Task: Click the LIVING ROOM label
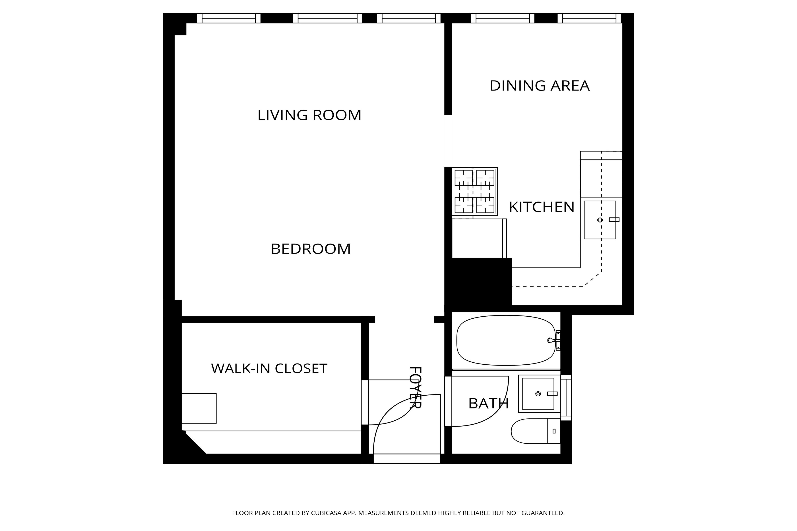(309, 115)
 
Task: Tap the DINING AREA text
(540, 86)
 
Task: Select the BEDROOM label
(310, 249)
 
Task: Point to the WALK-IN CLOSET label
(269, 368)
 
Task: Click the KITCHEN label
(542, 207)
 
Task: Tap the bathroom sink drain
(538, 394)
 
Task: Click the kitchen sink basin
(600, 220)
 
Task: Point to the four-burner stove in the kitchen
(474, 191)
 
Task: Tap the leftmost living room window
(229, 18)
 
